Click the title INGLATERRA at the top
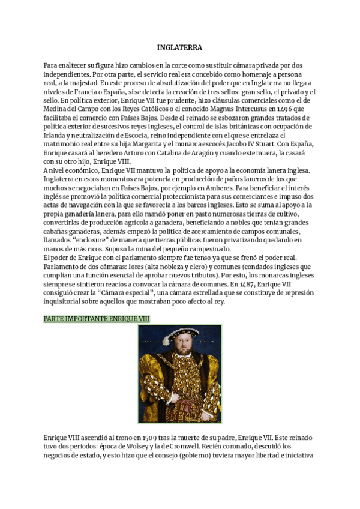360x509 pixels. coord(179,47)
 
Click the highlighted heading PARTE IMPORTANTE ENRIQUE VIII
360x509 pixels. coord(97,318)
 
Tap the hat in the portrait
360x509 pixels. coord(179,334)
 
